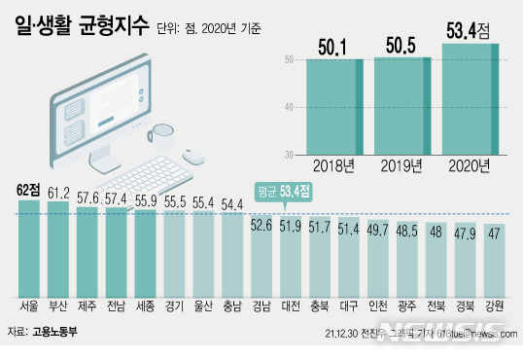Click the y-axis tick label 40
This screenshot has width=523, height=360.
click(x=289, y=108)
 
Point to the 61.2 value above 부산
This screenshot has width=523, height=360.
click(x=59, y=192)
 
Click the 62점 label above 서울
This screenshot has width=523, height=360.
click(x=30, y=189)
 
